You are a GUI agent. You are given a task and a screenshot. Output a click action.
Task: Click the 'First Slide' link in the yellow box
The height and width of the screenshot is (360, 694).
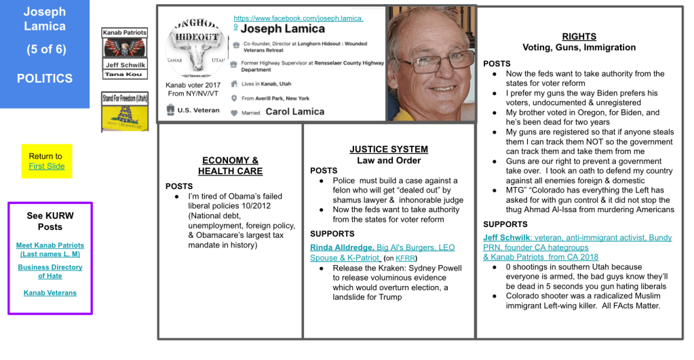click(x=47, y=166)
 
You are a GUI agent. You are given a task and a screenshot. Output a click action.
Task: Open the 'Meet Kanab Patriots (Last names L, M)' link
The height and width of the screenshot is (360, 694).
click(x=50, y=249)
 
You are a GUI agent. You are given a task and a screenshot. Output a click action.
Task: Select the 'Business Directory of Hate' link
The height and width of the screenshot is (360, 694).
click(x=50, y=271)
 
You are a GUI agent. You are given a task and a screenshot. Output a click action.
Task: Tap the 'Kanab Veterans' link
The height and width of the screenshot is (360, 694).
click(x=50, y=293)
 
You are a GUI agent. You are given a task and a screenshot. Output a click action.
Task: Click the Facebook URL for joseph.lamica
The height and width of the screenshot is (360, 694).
click(x=298, y=18)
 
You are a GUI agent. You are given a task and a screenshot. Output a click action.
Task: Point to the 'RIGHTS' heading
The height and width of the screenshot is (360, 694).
click(x=579, y=37)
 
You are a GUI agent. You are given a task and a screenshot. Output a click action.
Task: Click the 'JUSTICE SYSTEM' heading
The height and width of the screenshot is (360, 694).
click(x=389, y=149)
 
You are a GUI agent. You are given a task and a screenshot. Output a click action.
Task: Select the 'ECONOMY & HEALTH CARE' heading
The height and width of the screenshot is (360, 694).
click(x=231, y=166)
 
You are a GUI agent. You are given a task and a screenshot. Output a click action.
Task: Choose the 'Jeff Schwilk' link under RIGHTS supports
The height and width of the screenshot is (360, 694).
click(x=506, y=237)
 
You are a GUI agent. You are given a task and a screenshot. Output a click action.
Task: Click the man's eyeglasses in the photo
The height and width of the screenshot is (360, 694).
click(x=433, y=62)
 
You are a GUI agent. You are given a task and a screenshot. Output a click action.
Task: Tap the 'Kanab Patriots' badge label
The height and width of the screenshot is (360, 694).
click(x=124, y=32)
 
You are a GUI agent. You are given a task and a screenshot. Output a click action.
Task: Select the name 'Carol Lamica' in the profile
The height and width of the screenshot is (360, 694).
click(x=294, y=112)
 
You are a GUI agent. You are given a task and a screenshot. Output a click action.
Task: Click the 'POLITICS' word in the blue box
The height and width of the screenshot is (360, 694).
click(x=45, y=79)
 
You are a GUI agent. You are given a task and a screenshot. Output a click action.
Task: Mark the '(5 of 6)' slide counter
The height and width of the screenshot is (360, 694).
click(x=45, y=49)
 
